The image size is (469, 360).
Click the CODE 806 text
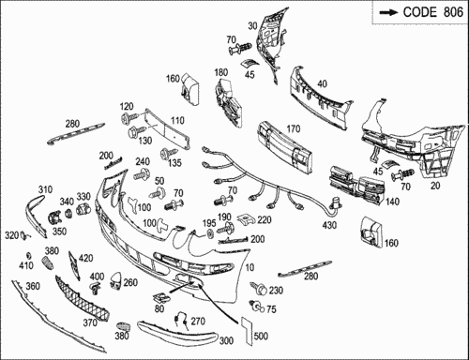[x=433, y=12]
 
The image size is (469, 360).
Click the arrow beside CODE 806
[x=388, y=12]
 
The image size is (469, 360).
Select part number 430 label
[x=329, y=225]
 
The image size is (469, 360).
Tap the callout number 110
[x=177, y=121]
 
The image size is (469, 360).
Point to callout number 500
[x=261, y=337]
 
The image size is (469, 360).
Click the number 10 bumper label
[x=250, y=267]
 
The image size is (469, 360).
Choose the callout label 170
[x=293, y=128]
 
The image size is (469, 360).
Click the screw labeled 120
[x=129, y=118]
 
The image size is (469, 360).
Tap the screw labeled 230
[x=259, y=288]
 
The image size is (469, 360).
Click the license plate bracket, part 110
[x=167, y=128]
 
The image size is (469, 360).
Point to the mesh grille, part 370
[x=82, y=298]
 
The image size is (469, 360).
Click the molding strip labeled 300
[x=177, y=332]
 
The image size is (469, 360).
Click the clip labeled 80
[x=161, y=297]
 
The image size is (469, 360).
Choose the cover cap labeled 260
[x=116, y=280]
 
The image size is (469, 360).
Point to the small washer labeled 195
[x=209, y=233]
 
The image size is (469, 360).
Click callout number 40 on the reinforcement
[x=323, y=83]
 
